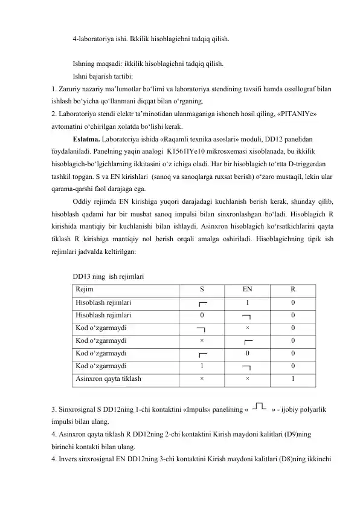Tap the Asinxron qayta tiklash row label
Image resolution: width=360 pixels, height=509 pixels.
(x=109, y=380)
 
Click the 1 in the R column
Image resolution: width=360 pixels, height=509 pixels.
(x=292, y=380)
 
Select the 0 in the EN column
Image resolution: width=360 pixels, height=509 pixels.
(x=246, y=353)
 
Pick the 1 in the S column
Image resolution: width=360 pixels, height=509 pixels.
(x=202, y=366)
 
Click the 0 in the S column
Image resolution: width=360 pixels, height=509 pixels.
(x=202, y=315)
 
